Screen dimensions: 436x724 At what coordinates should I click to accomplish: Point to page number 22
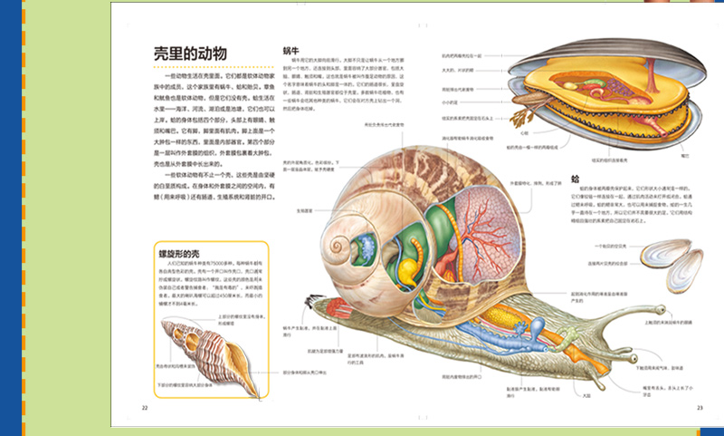pyautogui.click(x=144, y=408)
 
